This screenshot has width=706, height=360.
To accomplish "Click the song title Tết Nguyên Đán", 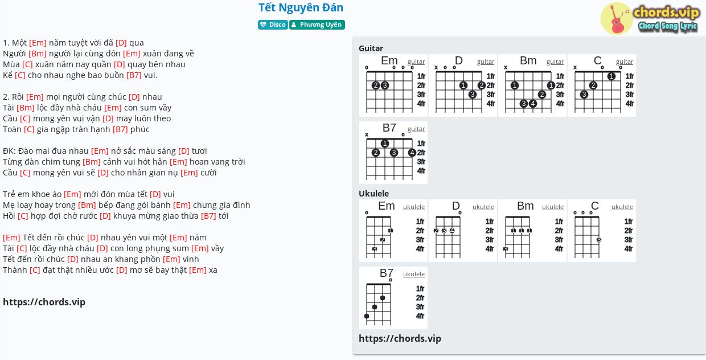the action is pyautogui.click(x=301, y=7).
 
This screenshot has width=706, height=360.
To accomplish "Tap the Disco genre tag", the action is pyautogui.click(x=273, y=24).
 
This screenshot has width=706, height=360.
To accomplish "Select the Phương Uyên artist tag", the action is pyautogui.click(x=317, y=24).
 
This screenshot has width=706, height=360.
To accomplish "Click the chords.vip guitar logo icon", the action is pyautogui.click(x=617, y=18).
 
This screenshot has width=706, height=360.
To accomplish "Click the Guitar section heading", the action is pyautogui.click(x=371, y=48).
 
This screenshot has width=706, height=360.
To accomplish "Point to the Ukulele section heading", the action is pyautogui.click(x=374, y=193).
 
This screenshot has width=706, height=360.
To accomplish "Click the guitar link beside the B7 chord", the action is pyautogui.click(x=416, y=129).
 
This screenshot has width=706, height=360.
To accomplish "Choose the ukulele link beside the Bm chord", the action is pyautogui.click(x=552, y=207).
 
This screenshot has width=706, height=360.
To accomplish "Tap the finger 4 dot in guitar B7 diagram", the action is pyautogui.click(x=412, y=153).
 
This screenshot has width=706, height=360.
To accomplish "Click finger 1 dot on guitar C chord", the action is pyautogui.click(x=611, y=76).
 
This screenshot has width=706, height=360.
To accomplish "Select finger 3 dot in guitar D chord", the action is pyautogui.click(x=472, y=94).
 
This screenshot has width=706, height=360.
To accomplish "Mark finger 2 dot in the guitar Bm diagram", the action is pyautogui.click(x=542, y=94).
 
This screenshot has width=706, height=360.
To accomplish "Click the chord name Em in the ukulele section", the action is pyautogui.click(x=387, y=206).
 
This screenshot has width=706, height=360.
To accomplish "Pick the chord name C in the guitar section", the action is pyautogui.click(x=598, y=60).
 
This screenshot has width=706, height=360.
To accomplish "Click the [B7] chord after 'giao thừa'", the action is pyautogui.click(x=208, y=216).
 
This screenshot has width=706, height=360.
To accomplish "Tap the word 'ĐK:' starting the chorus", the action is pyautogui.click(x=9, y=151).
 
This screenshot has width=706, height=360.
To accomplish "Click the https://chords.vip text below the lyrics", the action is pyautogui.click(x=44, y=302).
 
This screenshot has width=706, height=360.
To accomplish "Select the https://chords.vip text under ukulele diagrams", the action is pyautogui.click(x=400, y=338).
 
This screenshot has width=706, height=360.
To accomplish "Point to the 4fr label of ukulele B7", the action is pyautogui.click(x=420, y=316).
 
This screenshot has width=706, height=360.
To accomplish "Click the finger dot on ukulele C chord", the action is pyautogui.click(x=599, y=240).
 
